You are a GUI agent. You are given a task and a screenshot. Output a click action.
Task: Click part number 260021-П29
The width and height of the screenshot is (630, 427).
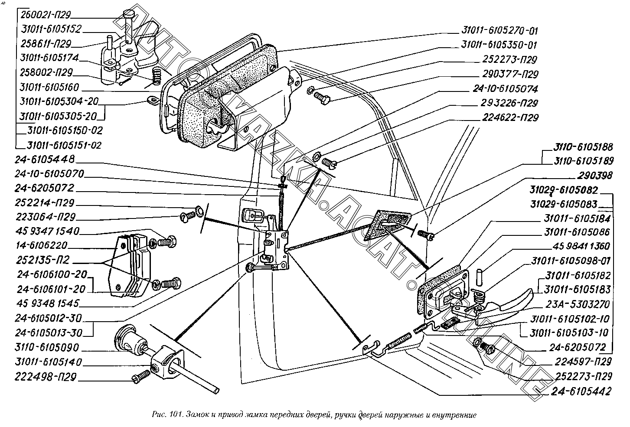tap(46, 15)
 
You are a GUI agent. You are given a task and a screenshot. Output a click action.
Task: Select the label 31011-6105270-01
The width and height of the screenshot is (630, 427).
tap(499, 30)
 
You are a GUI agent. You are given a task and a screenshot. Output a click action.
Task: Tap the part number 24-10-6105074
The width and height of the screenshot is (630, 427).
tap(506, 89)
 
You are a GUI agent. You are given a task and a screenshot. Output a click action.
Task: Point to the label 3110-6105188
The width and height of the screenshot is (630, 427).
tap(583, 147)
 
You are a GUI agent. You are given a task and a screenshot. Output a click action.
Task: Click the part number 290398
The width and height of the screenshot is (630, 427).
tap(595, 176)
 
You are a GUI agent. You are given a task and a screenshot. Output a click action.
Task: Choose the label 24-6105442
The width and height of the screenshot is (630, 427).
tap(581, 391)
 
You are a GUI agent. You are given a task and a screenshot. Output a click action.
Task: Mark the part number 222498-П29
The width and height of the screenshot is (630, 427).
tap(46, 377)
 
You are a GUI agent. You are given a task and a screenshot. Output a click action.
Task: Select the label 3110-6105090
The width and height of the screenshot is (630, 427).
tap(47, 347)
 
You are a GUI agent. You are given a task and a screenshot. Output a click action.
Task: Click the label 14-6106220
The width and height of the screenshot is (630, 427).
tap(42, 245)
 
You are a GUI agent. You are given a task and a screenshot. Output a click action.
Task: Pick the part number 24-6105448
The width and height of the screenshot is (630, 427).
tap(45, 160)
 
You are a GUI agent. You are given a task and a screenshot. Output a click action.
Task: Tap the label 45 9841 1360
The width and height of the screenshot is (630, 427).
tap(581, 246)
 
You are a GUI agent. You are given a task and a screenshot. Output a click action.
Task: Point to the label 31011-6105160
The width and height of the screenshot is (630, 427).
tap(49, 87)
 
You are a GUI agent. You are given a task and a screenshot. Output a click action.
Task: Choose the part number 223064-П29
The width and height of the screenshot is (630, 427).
tap(46, 217)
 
